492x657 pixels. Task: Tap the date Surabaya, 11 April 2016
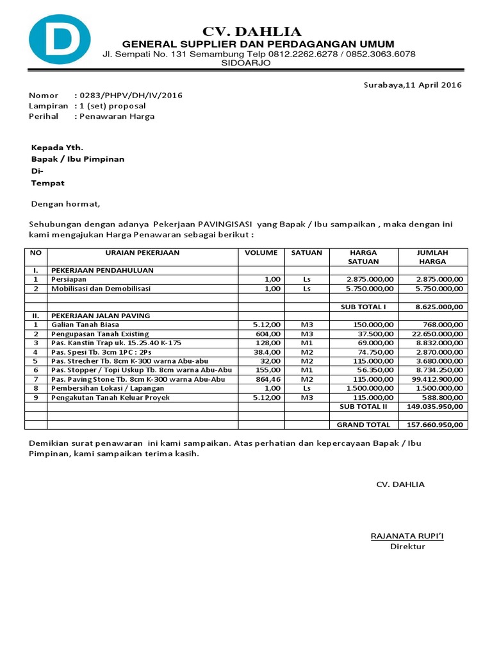(x=413, y=85)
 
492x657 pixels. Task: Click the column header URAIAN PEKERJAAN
(x=142, y=253)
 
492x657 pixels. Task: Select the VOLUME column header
(x=261, y=253)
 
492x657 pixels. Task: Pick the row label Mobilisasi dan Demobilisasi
(x=101, y=289)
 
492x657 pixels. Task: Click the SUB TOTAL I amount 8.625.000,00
(x=439, y=307)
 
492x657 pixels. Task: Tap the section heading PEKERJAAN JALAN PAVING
(x=101, y=316)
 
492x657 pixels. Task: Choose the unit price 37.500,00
(x=374, y=334)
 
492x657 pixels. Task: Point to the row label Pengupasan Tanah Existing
(x=100, y=334)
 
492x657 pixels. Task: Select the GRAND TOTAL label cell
(x=363, y=424)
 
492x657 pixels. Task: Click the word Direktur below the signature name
(x=407, y=547)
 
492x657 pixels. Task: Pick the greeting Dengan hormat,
(x=66, y=204)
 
